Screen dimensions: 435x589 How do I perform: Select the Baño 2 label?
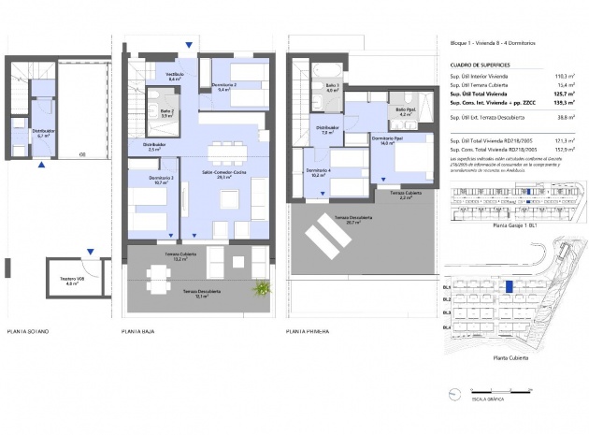pos(167,113)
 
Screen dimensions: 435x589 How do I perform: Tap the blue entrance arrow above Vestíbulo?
pos(190,43)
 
